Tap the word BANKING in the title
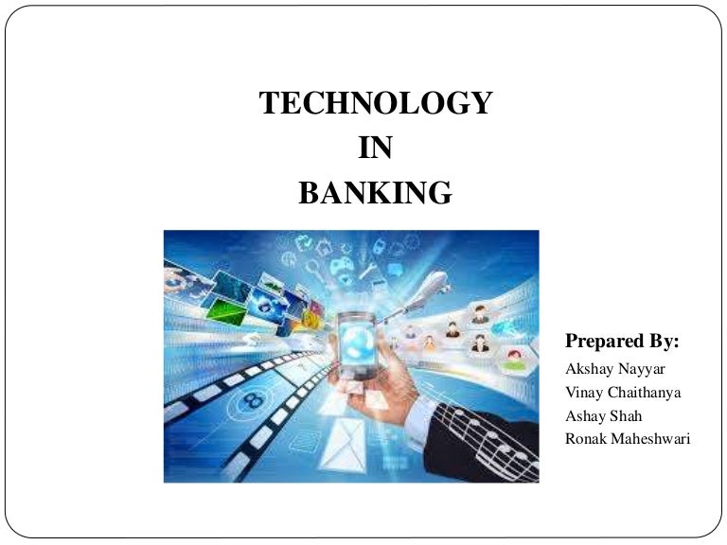click(x=376, y=193)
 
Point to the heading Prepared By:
click(x=622, y=341)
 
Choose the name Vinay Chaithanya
click(x=622, y=393)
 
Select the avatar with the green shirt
click(x=514, y=360)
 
